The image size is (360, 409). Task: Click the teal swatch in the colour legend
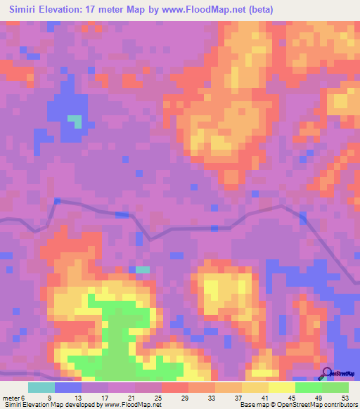point(41,387)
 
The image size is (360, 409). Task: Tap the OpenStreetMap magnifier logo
point(327,373)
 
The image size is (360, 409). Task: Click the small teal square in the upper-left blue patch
point(75,121)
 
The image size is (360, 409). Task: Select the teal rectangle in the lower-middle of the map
point(143,269)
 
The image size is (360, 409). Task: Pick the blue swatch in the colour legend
point(68,387)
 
